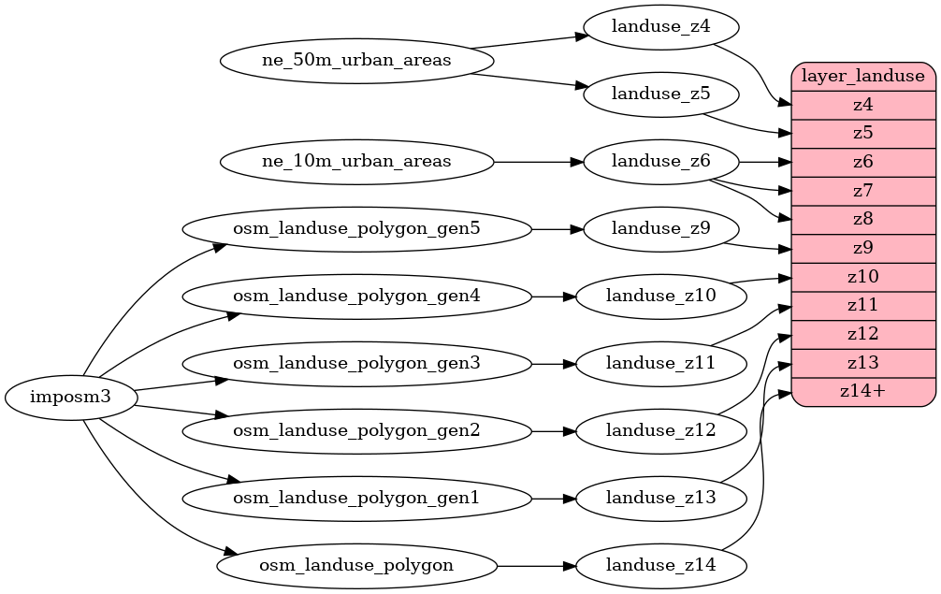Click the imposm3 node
[x=71, y=398]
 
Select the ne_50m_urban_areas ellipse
[x=356, y=61]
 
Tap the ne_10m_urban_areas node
[x=356, y=162]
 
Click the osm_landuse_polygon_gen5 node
[x=356, y=228]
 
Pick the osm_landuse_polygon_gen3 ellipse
[x=356, y=363]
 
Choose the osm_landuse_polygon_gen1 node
[x=356, y=499]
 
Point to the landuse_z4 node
[x=660, y=27]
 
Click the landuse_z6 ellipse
[x=660, y=162]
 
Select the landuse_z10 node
[x=660, y=296]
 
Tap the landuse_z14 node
[x=660, y=565]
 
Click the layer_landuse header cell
[x=863, y=76]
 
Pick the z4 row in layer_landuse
[x=863, y=105]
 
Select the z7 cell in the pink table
[x=863, y=191]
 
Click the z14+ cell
[x=863, y=391]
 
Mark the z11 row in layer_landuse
[x=863, y=305]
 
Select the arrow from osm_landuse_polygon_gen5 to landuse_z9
[x=557, y=228]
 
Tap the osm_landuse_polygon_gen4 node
[x=356, y=296]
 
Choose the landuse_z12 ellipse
[x=660, y=430]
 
